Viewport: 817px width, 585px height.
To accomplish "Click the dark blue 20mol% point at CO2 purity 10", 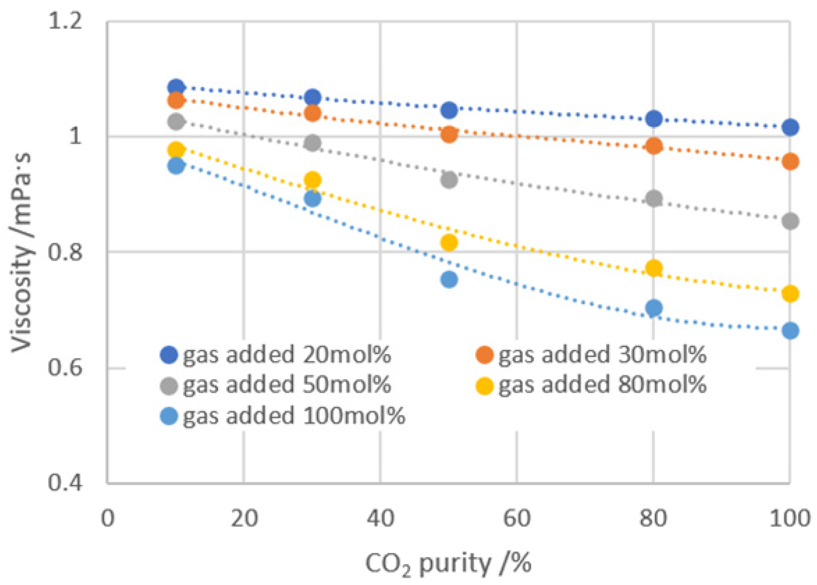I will (x=176, y=87).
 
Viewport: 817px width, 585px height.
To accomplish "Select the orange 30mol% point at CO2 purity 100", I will (x=790, y=161).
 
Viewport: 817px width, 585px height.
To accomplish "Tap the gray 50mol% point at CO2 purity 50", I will (x=449, y=180).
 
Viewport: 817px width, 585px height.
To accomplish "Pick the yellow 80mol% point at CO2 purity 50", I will (x=449, y=242).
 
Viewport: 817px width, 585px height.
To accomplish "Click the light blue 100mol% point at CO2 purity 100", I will (x=790, y=331).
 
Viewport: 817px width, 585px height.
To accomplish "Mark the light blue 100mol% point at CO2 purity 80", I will (x=654, y=308).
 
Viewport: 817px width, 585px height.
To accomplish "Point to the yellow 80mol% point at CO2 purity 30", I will (x=312, y=180).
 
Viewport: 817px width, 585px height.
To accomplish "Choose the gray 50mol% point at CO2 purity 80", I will (x=654, y=198).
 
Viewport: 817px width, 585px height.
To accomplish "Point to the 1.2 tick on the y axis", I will (x=65, y=21).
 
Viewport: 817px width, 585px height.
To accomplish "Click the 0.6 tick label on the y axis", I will (x=65, y=367).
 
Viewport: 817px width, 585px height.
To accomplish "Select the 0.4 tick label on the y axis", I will (x=65, y=482).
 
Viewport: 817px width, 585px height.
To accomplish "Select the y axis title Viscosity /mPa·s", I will (x=21, y=253).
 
